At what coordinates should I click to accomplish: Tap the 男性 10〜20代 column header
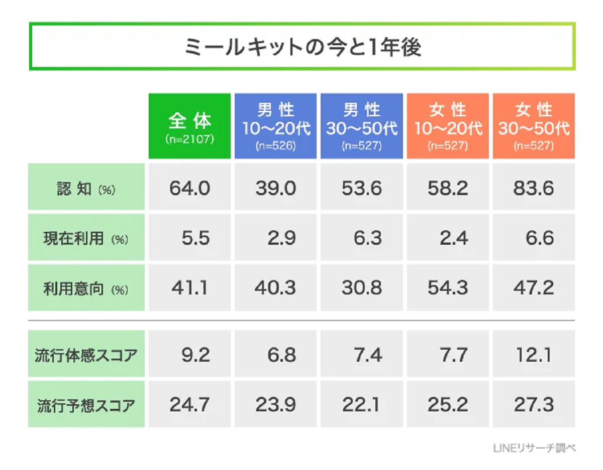click(x=275, y=125)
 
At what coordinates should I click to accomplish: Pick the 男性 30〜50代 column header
click(x=362, y=125)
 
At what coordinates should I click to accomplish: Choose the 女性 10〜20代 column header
click(x=448, y=125)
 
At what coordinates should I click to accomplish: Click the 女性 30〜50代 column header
click(x=534, y=125)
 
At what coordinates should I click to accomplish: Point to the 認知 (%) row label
click(x=86, y=189)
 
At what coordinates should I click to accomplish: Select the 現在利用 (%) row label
click(x=86, y=239)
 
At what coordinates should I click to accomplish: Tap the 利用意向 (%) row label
click(x=86, y=288)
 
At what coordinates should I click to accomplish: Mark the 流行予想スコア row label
click(x=86, y=405)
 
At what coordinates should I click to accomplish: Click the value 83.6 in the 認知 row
click(x=534, y=188)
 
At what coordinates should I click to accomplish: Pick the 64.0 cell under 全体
click(x=189, y=188)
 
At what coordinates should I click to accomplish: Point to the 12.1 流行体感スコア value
click(x=534, y=355)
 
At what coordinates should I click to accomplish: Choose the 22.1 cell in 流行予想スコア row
click(x=362, y=404)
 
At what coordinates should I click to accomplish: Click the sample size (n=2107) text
click(x=189, y=139)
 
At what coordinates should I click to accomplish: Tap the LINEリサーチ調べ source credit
click(x=534, y=448)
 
